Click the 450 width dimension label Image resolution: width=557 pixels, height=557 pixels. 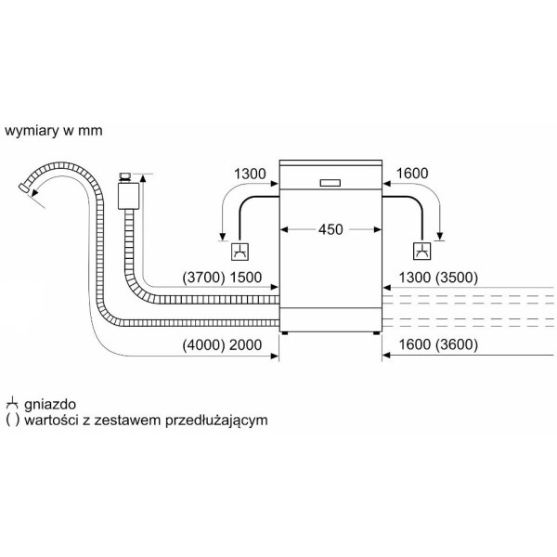tap(330, 229)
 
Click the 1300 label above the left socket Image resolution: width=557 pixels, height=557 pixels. tap(250, 174)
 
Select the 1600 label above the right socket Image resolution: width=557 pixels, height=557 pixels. tap(411, 174)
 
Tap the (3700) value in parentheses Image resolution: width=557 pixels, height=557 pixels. tap(203, 278)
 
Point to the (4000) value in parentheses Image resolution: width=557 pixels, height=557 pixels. tap(203, 345)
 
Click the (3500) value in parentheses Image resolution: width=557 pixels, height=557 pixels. tap(457, 278)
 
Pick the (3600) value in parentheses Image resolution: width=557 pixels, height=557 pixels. tap(457, 344)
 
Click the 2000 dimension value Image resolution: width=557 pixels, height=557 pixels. tap(245, 345)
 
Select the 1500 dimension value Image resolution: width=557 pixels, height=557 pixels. tap(245, 278)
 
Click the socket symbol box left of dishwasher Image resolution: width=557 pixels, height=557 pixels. tap(240, 252)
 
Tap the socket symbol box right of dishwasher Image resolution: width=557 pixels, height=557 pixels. tap(422, 252)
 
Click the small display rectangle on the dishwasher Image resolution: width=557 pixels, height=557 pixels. tap(330, 183)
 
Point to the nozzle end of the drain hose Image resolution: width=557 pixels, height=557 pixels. tap(24, 188)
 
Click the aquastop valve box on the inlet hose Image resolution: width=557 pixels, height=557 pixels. tap(128, 195)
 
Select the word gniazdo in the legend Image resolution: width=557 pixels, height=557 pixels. tap(50, 404)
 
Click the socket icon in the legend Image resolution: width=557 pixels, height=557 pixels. tap(12, 404)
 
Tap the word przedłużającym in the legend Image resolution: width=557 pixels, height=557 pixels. tap(216, 421)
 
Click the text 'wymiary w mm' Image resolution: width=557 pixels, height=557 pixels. tap(54, 131)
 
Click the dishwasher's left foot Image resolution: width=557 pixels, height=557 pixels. tap(284, 333)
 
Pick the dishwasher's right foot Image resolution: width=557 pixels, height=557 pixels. tap(376, 333)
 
